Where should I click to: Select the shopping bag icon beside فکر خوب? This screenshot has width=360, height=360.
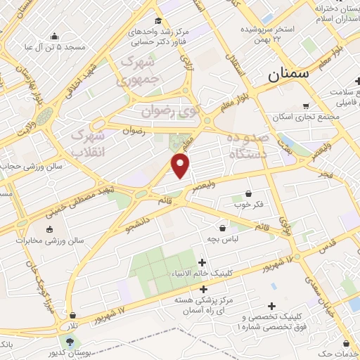click(x=247, y=193)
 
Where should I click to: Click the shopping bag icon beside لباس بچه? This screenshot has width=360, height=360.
click(x=223, y=228)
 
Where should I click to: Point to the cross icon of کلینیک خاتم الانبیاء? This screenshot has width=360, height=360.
click(x=202, y=263)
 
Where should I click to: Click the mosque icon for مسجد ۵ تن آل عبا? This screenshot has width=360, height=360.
click(x=55, y=37)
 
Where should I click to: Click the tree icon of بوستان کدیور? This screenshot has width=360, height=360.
click(x=69, y=342)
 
